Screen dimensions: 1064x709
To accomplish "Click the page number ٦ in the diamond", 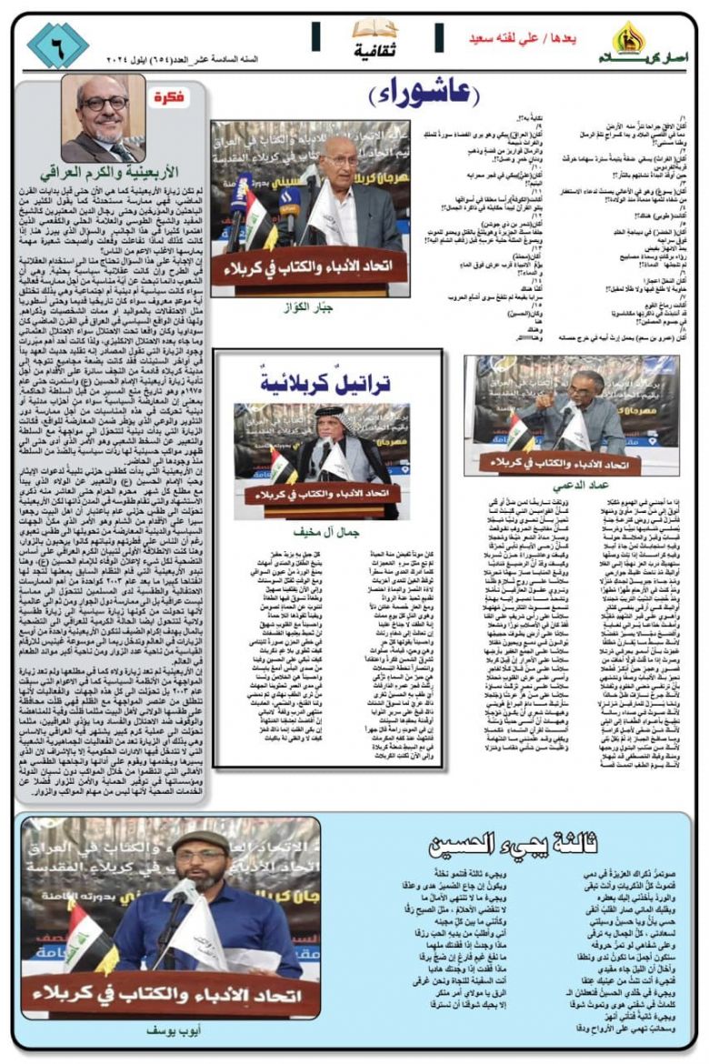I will pyautogui.click(x=56, y=43).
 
